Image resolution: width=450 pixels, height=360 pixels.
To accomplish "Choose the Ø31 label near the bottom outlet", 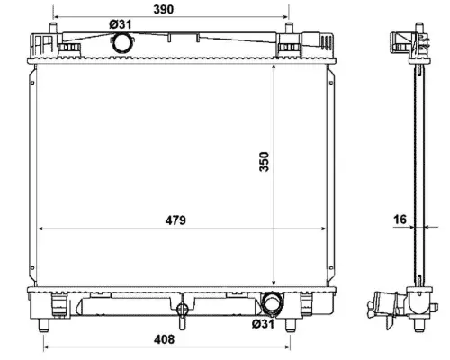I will [263, 324].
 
